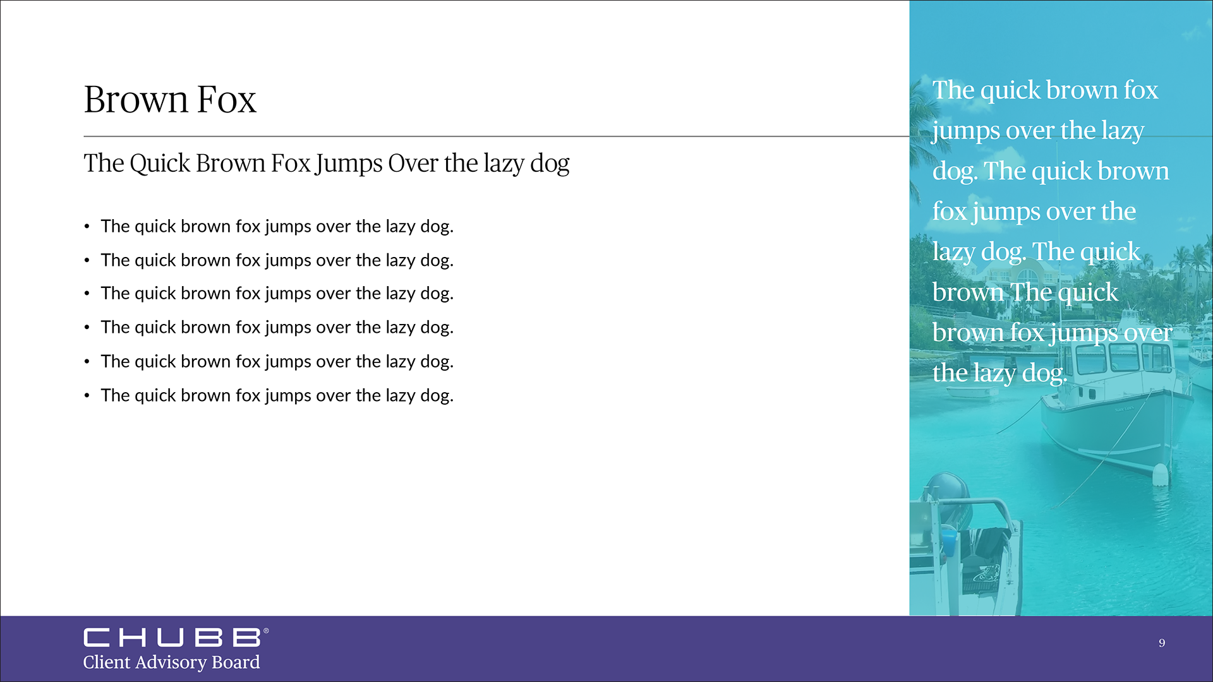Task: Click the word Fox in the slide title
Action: pyautogui.click(x=226, y=100)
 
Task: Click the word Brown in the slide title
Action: pyautogui.click(x=136, y=100)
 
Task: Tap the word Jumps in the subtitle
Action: pyautogui.click(x=349, y=164)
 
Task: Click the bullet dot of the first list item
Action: pyautogui.click(x=87, y=227)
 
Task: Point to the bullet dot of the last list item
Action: pyautogui.click(x=87, y=396)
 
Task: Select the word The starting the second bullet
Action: pyautogui.click(x=115, y=260)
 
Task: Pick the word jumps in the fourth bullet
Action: pyautogui.click(x=288, y=328)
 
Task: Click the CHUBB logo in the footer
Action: pyautogui.click(x=172, y=637)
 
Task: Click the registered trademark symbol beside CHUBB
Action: pyautogui.click(x=266, y=631)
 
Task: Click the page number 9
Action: pyautogui.click(x=1162, y=643)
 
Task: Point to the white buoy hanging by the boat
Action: pyautogui.click(x=1161, y=474)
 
